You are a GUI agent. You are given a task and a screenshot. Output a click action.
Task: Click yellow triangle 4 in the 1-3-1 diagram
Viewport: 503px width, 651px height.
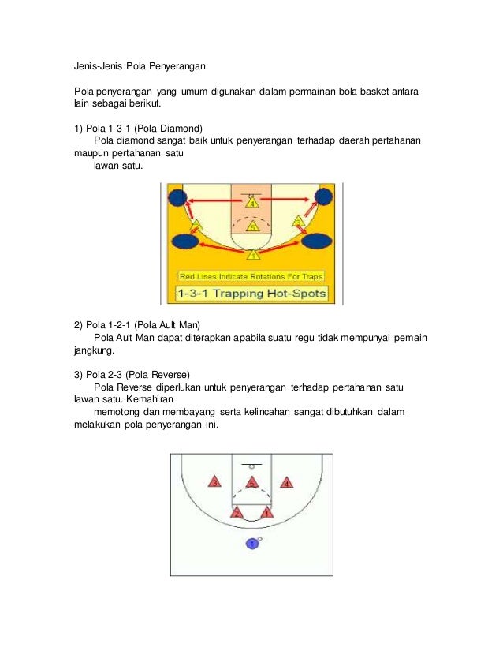click(251, 203)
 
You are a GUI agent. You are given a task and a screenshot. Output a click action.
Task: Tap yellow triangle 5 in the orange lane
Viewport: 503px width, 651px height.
click(251, 226)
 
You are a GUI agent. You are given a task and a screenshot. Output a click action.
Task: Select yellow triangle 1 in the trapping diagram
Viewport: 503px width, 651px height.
click(252, 254)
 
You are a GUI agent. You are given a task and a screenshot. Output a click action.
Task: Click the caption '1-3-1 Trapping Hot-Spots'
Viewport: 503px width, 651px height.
click(251, 294)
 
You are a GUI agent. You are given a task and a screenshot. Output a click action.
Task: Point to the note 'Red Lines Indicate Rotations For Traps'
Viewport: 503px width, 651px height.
click(251, 276)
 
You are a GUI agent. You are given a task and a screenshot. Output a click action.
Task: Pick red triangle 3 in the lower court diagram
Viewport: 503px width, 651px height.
click(214, 482)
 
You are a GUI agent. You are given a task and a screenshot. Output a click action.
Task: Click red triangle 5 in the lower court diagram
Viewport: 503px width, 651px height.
click(251, 482)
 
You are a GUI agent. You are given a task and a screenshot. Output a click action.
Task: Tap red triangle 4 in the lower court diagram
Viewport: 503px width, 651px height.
click(288, 482)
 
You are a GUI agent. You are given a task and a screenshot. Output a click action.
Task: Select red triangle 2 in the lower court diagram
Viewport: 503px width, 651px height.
click(237, 513)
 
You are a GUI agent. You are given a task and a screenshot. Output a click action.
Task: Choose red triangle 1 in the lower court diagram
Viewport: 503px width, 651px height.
click(266, 513)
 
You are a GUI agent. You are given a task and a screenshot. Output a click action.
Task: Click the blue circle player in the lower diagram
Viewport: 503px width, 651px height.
click(251, 544)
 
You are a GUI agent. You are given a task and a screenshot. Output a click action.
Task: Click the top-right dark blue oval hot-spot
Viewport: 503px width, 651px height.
click(323, 197)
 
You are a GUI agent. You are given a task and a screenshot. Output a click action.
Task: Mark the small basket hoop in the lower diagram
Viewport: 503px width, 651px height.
click(251, 466)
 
